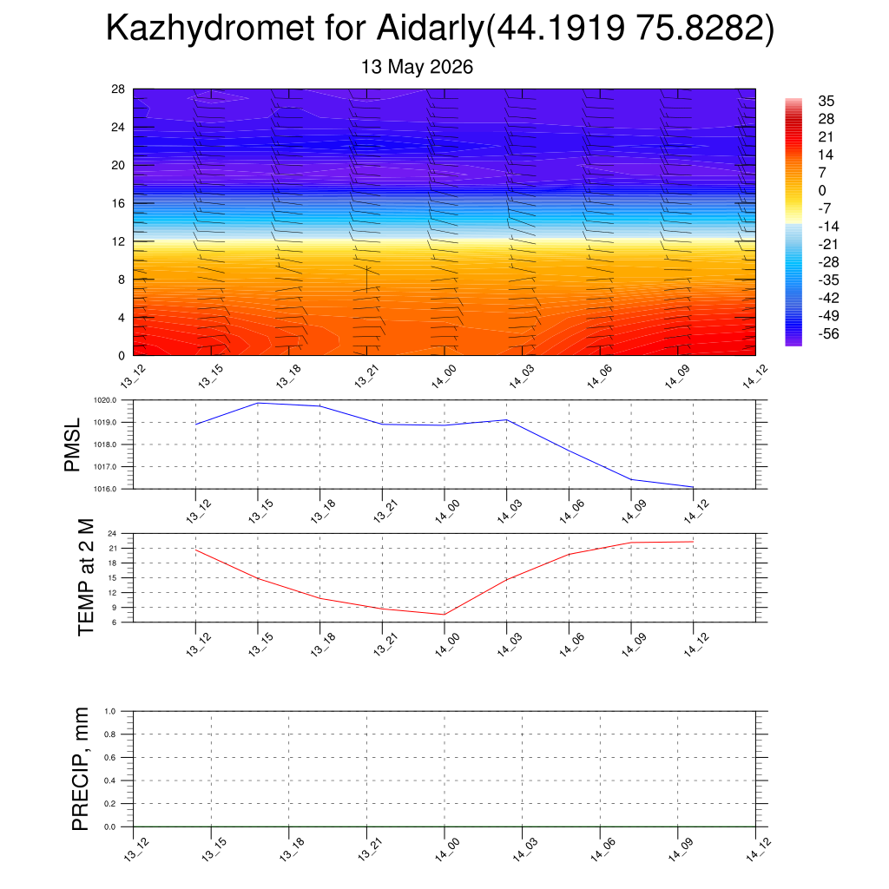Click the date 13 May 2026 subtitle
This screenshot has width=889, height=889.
click(417, 67)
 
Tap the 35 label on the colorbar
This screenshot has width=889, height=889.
click(826, 101)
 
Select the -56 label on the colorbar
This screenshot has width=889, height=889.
click(828, 333)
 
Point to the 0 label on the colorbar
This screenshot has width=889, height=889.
click(822, 190)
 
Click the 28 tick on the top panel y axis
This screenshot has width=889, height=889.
click(118, 89)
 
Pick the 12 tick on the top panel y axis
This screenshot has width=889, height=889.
click(118, 241)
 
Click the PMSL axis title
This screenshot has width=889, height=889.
click(72, 445)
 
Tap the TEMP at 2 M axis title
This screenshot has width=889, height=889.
click(86, 577)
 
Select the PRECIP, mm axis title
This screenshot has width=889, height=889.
click(80, 769)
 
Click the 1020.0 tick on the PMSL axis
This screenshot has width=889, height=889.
click(105, 400)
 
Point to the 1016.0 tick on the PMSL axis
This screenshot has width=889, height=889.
click(105, 489)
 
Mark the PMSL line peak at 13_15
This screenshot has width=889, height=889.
click(258, 403)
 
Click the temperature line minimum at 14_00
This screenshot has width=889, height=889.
click(444, 614)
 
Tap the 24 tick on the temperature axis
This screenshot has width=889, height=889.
click(112, 534)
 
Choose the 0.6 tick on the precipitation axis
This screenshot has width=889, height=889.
click(110, 757)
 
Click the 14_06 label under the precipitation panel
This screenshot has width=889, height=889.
click(601, 849)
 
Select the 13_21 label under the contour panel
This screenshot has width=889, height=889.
click(366, 377)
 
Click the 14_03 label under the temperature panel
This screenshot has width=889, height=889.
click(509, 645)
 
